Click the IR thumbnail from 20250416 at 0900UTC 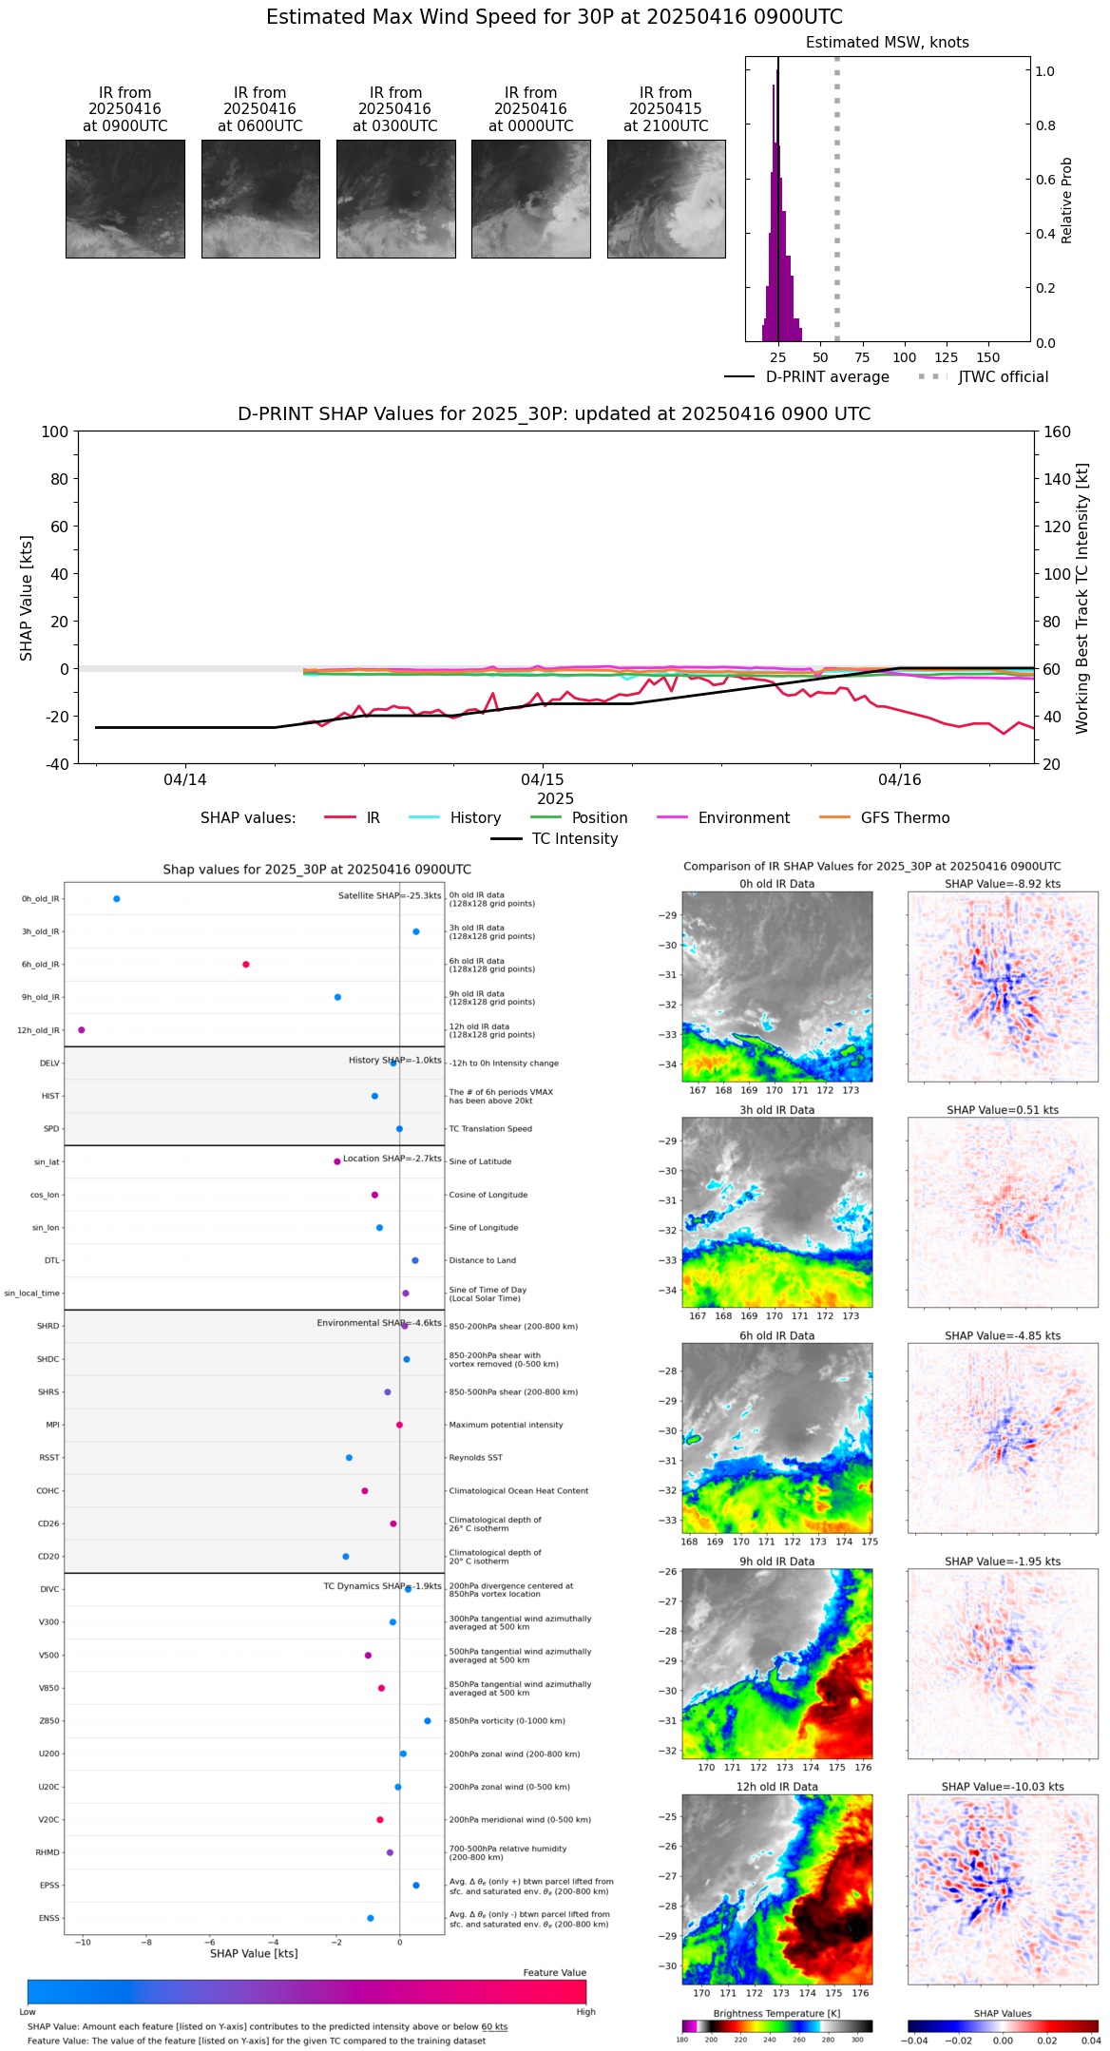pos(124,199)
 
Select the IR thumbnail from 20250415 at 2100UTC pos(666,199)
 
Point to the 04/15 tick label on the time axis pos(543,780)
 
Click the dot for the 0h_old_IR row pos(116,899)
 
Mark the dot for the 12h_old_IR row pos(82,1030)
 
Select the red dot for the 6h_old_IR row pos(246,965)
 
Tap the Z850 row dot pos(428,1721)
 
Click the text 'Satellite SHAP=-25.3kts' pos(390,896)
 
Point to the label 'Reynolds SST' pos(475,1458)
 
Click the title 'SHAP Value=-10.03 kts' pos(1003,1787)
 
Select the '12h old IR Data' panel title pos(776,1787)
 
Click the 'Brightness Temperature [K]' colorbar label pos(776,2014)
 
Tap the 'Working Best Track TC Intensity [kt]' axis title pos(1082,599)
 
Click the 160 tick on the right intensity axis pos(1058,432)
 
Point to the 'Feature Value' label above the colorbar pos(554,1973)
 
